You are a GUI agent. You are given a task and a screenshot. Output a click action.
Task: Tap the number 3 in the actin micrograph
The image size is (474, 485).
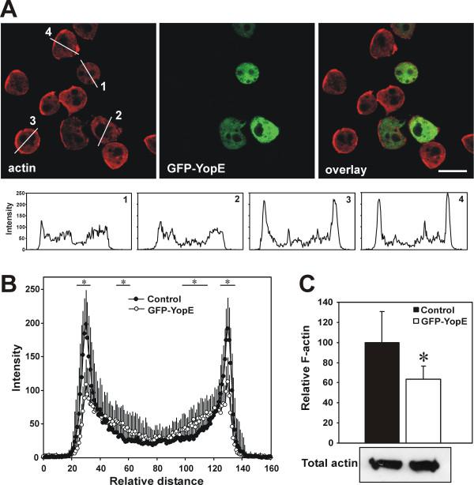(x=32, y=121)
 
